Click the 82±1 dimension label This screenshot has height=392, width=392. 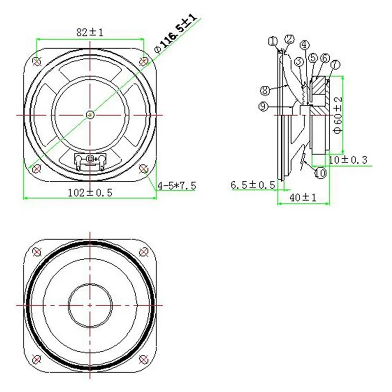pyautogui.click(x=90, y=32)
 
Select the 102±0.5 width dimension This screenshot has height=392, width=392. pyautogui.click(x=90, y=193)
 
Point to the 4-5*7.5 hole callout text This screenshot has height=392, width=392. pyautogui.click(x=177, y=186)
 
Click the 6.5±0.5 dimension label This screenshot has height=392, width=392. pyautogui.click(x=252, y=185)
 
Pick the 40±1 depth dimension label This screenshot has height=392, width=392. pyautogui.click(x=303, y=198)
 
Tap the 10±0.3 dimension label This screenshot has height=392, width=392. pyautogui.click(x=348, y=160)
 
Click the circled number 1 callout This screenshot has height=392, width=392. pyautogui.click(x=273, y=41)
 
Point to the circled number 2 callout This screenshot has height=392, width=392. pyautogui.click(x=289, y=39)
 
